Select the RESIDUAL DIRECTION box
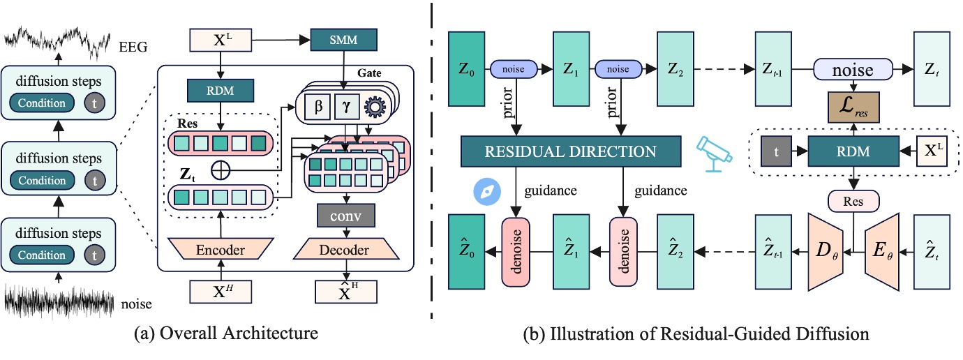pyautogui.click(x=570, y=151)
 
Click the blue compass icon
pyautogui.click(x=486, y=193)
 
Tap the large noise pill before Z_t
pyautogui.click(x=853, y=70)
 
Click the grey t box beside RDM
pyautogui.click(x=775, y=151)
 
